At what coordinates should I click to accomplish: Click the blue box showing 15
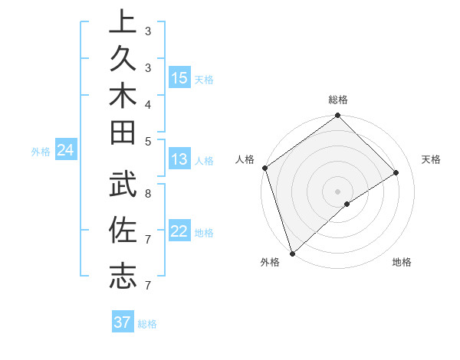[179, 78]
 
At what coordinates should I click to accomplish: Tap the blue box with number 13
[179, 159]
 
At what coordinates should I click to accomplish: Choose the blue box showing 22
[179, 231]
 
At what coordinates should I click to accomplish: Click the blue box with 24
[66, 150]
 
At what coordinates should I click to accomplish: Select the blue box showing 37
[123, 322]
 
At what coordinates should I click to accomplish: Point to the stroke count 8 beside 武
[147, 194]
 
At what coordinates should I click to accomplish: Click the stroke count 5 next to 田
[147, 140]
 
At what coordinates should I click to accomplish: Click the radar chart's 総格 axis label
[338, 100]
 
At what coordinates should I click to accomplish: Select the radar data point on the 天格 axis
[396, 172]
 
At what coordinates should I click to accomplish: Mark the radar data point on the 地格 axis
[347, 204]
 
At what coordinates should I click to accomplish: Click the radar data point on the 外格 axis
[292, 254]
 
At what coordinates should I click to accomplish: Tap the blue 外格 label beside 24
[41, 152]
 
